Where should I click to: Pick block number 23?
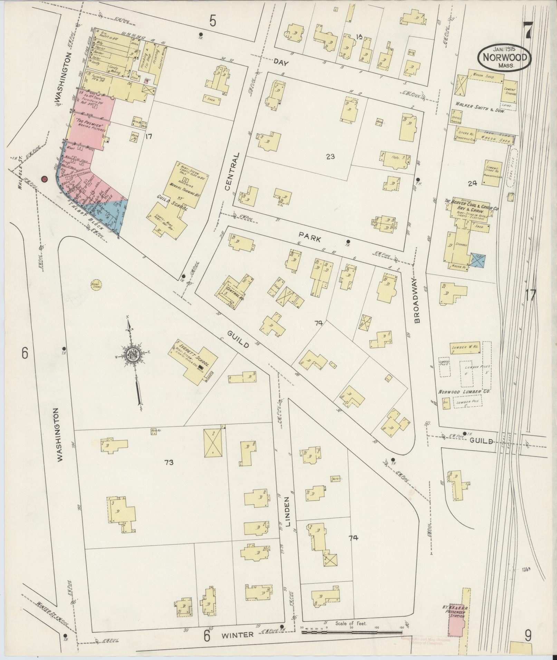[330, 157]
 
